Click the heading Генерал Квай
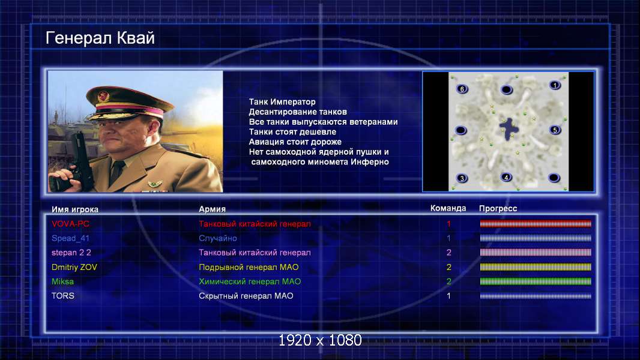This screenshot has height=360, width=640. coord(100,38)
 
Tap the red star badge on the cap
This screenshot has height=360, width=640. coord(103,96)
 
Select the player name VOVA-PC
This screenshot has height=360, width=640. coord(70,224)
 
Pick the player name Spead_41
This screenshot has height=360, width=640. coord(70,238)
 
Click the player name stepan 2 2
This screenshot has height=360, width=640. coord(71,253)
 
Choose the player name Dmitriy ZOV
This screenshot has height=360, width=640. coord(74,267)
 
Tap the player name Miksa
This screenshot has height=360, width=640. coord(62,281)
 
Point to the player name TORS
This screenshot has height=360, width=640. coord(63,296)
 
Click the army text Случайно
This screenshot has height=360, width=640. coord(217,238)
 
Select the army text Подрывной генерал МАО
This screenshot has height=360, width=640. coord(249,267)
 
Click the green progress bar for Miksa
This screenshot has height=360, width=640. coord(536,281)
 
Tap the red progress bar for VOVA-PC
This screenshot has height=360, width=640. coord(536,223)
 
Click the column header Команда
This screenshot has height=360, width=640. coord(448,208)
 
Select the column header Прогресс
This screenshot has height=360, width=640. coord(498,208)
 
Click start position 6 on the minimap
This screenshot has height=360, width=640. coord(462,89)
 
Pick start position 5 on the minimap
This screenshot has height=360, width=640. coord(555,130)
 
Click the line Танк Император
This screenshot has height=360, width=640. coord(282,102)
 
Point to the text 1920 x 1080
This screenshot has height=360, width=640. coord(320,340)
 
